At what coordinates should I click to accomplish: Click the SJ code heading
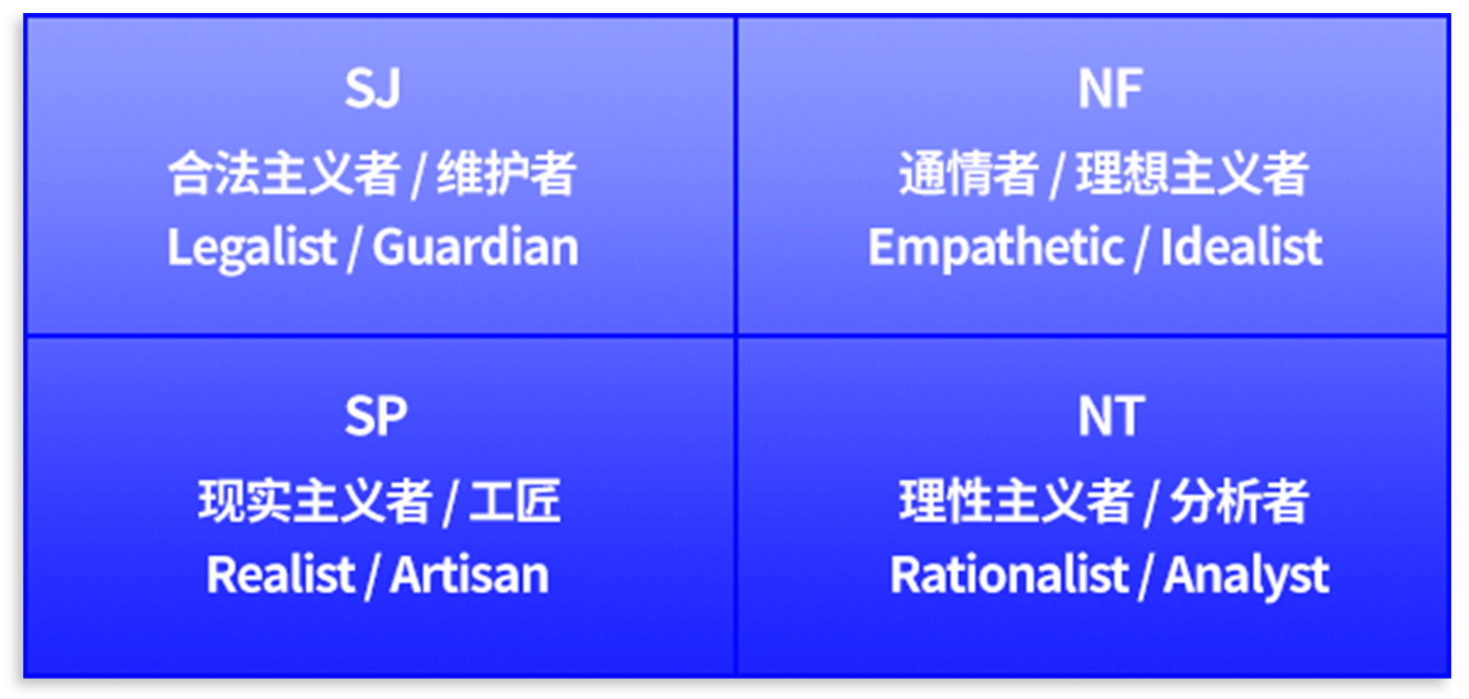(x=372, y=87)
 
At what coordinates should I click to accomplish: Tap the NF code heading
(x=1111, y=87)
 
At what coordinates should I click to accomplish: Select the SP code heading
(x=376, y=416)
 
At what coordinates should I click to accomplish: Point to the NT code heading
(x=1112, y=416)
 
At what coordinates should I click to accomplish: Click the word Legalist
(x=252, y=249)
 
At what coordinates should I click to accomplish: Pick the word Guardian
(x=475, y=247)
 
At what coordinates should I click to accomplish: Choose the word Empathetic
(x=996, y=249)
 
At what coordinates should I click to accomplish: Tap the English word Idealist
(x=1241, y=247)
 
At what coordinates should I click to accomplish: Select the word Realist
(x=281, y=575)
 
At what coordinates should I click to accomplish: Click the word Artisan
(x=470, y=575)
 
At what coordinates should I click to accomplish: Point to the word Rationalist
(x=1008, y=575)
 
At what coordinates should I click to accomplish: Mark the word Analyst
(x=1247, y=576)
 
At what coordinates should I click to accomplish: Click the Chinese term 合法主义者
(x=284, y=173)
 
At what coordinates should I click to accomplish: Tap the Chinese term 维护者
(x=507, y=173)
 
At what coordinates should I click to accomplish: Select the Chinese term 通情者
(x=968, y=173)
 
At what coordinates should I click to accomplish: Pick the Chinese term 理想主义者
(x=1193, y=173)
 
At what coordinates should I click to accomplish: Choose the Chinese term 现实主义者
(x=314, y=502)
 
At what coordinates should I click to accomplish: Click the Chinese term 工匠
(x=515, y=502)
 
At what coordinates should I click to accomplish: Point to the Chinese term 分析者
(x=1239, y=502)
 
